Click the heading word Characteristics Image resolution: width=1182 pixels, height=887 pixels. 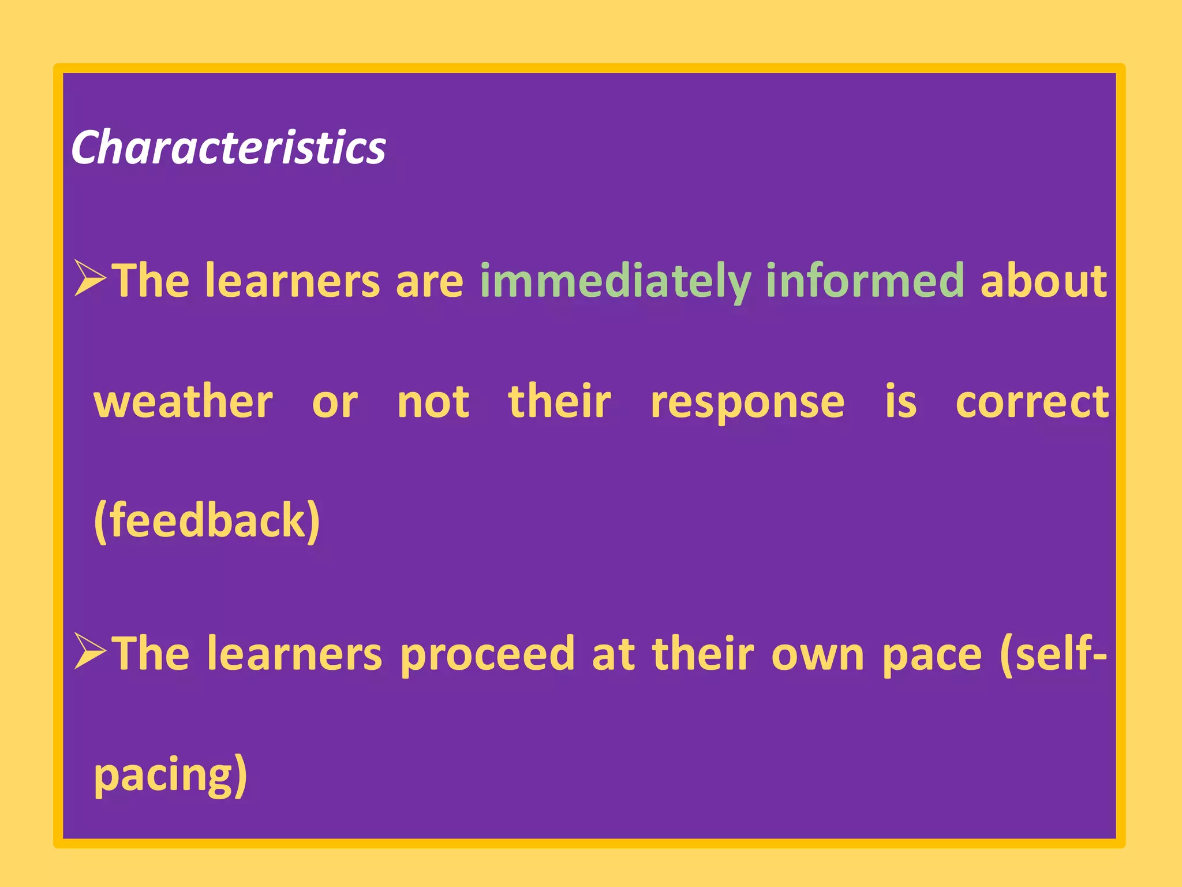point(228,148)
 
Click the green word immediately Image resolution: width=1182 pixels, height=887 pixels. point(615,281)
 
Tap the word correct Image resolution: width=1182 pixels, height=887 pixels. point(1032,402)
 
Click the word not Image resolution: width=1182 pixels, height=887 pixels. point(433,402)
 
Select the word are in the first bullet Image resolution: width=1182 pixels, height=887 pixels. point(429,281)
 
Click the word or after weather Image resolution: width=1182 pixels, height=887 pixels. point(335,403)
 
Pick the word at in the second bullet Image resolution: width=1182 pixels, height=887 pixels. point(614,654)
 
